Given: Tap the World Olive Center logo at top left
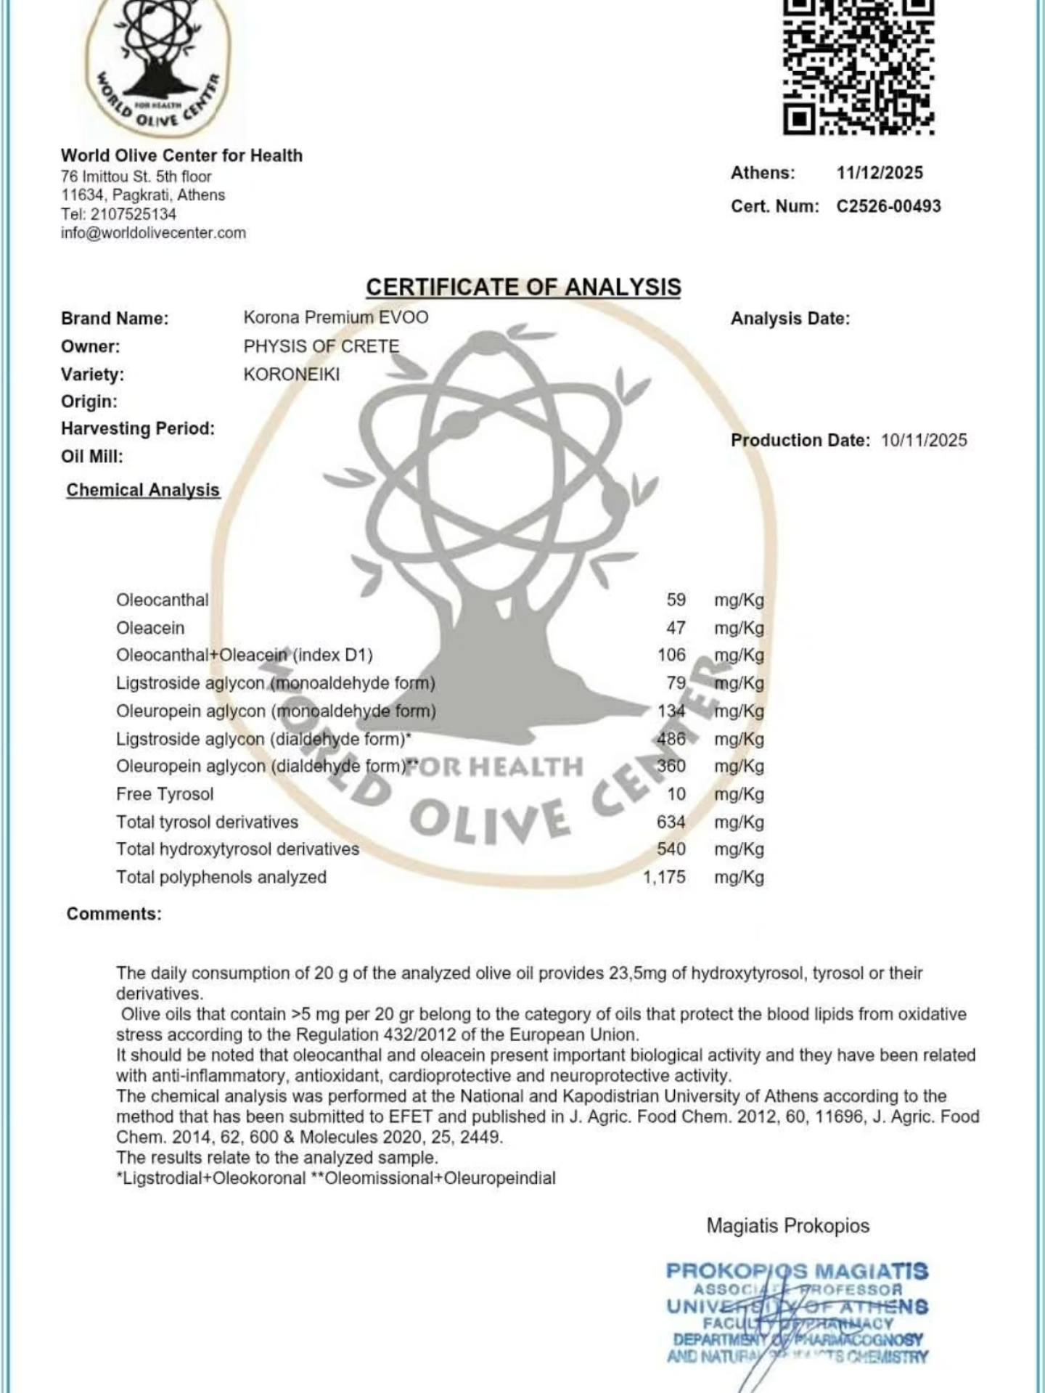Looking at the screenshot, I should [158, 69].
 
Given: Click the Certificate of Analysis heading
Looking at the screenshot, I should [523, 287].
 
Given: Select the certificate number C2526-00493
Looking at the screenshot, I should [888, 206].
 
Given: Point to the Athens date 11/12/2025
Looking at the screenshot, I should [880, 173].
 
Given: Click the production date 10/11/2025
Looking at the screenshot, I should [924, 440].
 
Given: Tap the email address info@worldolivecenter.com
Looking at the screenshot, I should [153, 233].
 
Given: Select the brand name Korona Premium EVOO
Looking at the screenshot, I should [336, 317].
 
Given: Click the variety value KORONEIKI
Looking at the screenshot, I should [292, 375].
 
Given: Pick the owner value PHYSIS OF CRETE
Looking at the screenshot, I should [321, 346].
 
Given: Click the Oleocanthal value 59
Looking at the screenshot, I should [676, 600].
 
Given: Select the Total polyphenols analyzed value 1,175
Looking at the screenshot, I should [664, 877].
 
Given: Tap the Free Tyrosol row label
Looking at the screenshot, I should [165, 794].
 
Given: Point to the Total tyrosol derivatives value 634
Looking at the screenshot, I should [671, 822].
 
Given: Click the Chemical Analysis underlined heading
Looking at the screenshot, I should [143, 490].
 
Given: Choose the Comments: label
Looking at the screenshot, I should [114, 914].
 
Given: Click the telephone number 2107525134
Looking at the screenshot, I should [133, 214].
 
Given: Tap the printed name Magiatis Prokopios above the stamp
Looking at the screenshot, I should [788, 1225].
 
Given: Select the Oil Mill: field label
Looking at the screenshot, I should [92, 457].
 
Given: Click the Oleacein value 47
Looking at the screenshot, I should [676, 627].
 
